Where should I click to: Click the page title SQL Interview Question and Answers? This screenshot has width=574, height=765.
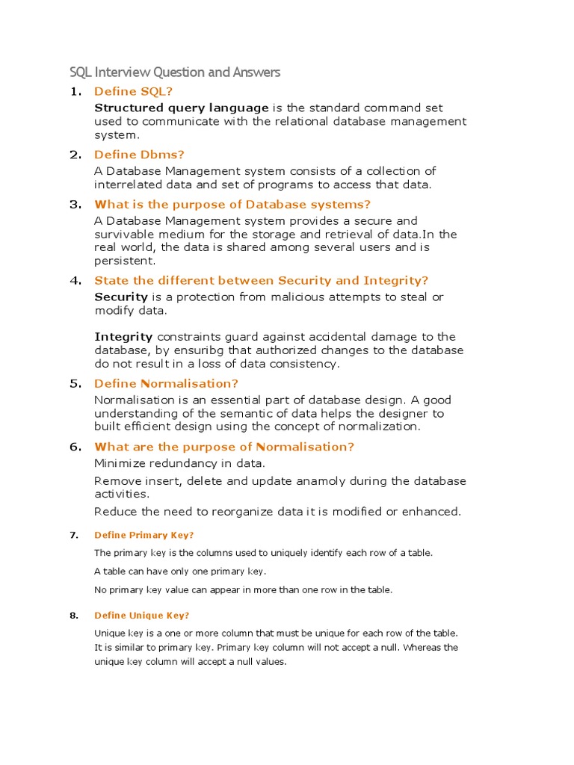[175, 72]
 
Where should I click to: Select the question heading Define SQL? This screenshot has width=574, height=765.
[133, 91]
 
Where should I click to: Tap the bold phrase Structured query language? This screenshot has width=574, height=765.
[181, 108]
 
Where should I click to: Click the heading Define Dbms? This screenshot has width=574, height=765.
[139, 155]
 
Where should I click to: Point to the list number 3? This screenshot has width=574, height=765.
[75, 204]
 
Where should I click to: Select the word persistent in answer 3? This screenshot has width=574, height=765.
[125, 261]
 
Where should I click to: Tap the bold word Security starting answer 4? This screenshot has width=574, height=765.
[120, 297]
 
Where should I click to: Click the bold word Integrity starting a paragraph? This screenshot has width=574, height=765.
[123, 337]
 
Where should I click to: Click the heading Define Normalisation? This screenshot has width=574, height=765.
[166, 383]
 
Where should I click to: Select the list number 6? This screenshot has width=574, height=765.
[75, 447]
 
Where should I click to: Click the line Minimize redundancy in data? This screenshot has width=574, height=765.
[179, 463]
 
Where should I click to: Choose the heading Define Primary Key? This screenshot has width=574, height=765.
[143, 535]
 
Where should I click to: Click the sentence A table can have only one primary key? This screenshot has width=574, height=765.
[179, 572]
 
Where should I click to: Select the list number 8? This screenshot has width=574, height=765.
[73, 616]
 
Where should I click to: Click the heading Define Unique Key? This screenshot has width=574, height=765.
[141, 616]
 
